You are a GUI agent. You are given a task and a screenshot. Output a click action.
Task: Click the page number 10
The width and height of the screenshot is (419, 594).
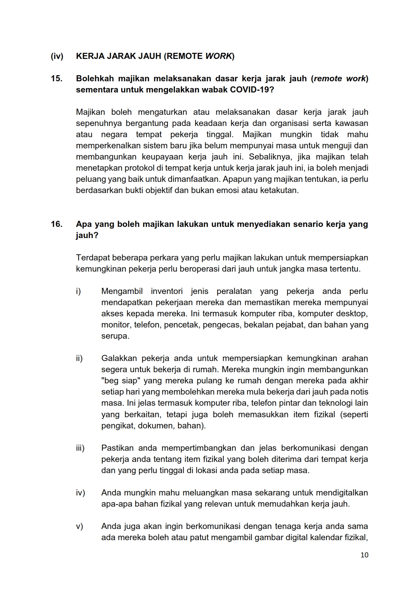click(364, 555)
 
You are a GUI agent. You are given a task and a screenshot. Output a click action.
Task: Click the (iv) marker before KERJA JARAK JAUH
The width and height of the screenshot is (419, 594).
click(57, 56)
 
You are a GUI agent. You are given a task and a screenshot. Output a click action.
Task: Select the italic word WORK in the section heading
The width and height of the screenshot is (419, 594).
click(218, 56)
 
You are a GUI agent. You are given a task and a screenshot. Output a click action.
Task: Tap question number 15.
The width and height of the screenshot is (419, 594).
click(56, 79)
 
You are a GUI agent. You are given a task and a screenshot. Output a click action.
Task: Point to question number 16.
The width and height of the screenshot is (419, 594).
click(56, 224)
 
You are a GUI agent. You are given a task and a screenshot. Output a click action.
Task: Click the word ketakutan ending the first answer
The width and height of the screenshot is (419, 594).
click(279, 190)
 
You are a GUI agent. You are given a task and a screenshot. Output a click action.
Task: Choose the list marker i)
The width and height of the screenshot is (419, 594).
click(78, 291)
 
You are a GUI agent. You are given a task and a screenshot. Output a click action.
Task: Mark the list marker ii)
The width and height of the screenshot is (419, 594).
click(79, 358)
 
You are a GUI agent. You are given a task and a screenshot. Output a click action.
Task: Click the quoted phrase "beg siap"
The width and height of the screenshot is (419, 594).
click(120, 381)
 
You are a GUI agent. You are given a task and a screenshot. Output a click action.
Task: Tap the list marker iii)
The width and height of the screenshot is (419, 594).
click(80, 448)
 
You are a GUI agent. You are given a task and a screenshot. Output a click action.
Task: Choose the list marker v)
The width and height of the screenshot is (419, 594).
click(79, 526)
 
